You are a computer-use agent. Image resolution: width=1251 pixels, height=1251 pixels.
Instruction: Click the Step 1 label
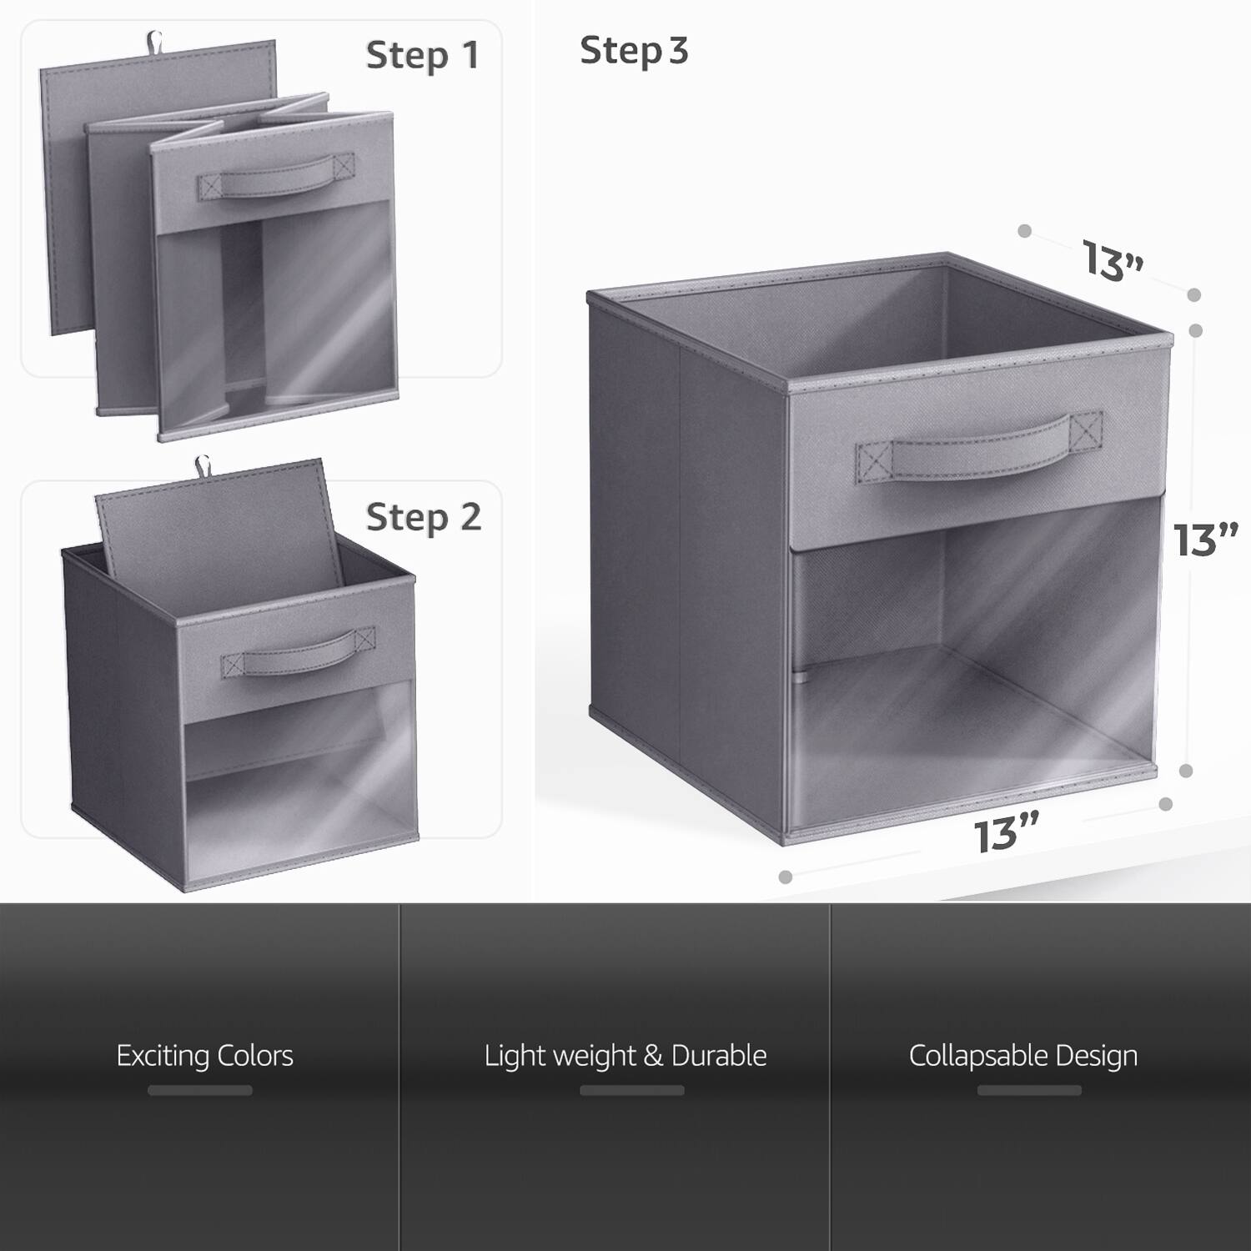(x=422, y=55)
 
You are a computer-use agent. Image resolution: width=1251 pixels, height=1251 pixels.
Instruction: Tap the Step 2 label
(x=424, y=517)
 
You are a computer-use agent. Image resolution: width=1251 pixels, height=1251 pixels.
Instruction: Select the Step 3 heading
(x=634, y=51)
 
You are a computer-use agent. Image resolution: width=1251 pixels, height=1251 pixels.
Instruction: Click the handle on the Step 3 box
(x=978, y=451)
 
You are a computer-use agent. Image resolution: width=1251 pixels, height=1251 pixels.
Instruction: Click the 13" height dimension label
(x=1205, y=540)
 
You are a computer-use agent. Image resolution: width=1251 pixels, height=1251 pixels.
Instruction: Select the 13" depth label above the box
(x=1113, y=260)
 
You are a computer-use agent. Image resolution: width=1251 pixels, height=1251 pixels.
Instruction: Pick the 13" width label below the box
(x=1007, y=834)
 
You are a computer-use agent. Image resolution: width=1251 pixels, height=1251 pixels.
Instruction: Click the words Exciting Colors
(x=204, y=1056)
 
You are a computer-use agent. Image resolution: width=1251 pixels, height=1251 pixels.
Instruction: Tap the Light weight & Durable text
(x=625, y=1056)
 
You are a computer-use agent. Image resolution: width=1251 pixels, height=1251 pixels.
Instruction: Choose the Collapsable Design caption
(x=1023, y=1056)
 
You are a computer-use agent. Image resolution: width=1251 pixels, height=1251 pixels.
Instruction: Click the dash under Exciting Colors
(x=200, y=1090)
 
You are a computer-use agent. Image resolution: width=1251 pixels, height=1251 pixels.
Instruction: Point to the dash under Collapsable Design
(x=1029, y=1090)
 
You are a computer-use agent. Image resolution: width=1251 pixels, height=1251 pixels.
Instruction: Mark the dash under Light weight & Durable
(x=632, y=1090)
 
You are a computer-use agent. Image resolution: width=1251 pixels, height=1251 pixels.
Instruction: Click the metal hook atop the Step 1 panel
(x=155, y=40)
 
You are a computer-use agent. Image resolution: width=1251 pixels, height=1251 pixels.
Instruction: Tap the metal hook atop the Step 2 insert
(x=203, y=466)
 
